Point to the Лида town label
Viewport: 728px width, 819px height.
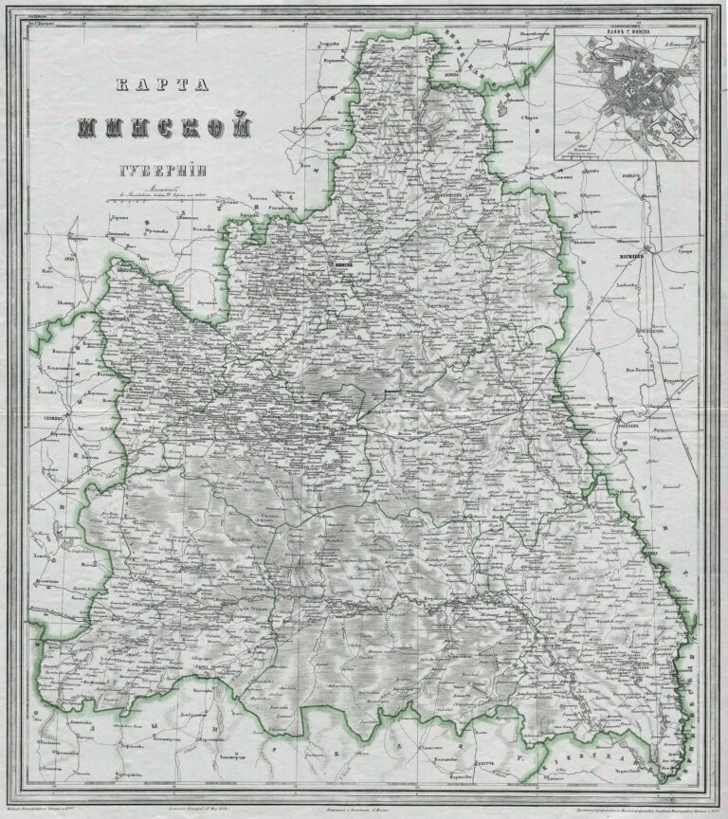[43, 257]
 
